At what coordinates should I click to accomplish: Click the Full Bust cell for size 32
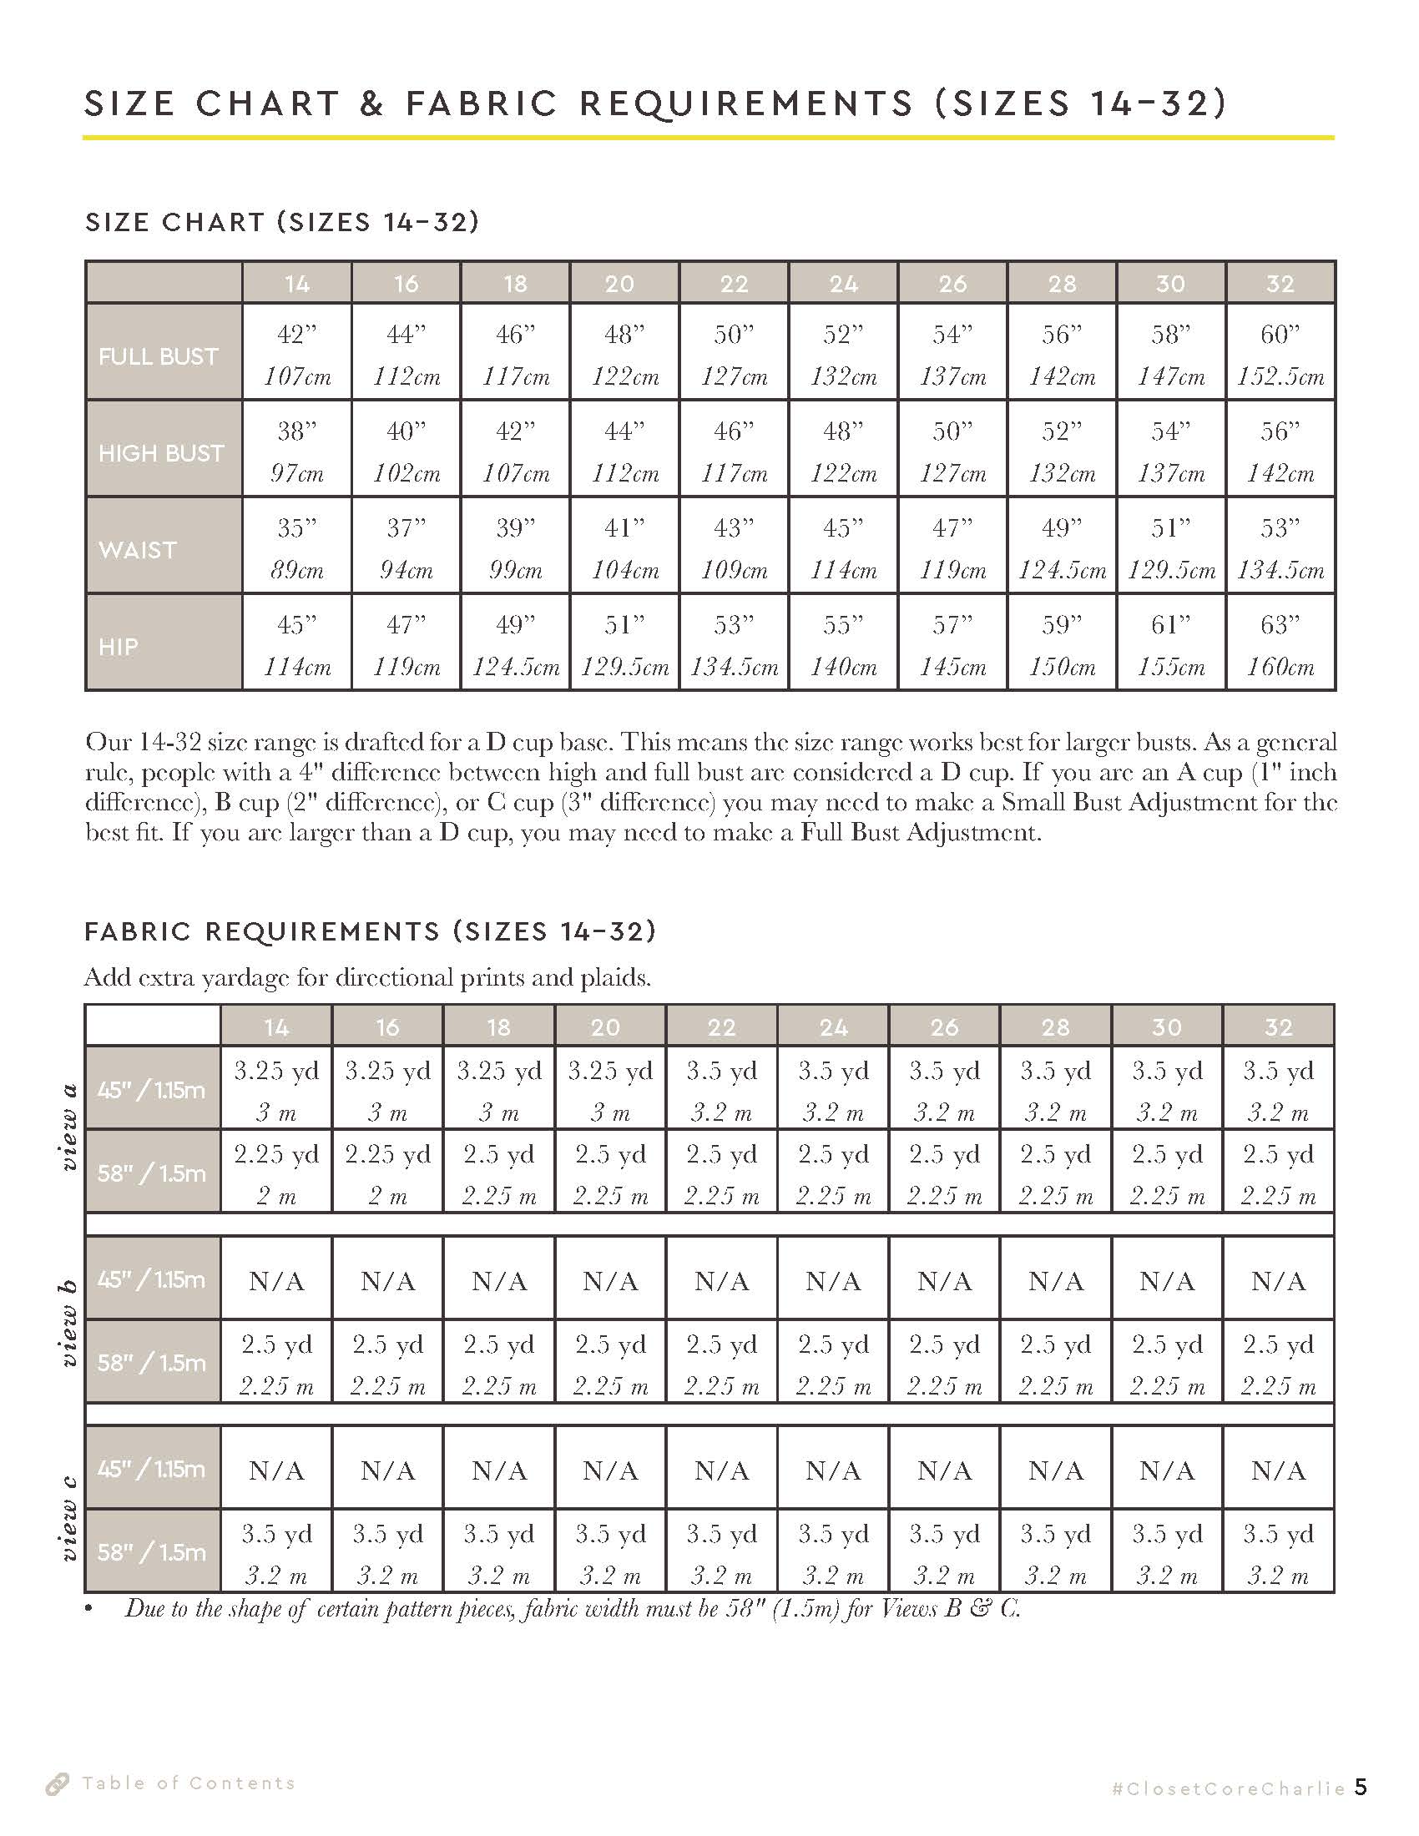1280,353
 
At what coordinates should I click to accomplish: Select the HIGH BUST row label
161,453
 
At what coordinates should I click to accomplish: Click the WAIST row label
138,550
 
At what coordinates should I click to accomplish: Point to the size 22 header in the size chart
734,283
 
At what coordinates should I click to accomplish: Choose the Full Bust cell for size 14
297,353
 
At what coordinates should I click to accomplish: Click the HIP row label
119,647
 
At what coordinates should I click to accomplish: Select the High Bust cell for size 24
843,451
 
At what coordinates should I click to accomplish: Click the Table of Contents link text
189,1783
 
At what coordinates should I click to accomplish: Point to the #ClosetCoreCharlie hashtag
1228,1788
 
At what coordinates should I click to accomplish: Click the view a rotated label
69,1127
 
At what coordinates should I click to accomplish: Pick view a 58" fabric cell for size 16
387,1173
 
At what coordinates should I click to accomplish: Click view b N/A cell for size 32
1279,1281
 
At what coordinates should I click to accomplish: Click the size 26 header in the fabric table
945,1026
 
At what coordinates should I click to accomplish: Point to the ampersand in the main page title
372,103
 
